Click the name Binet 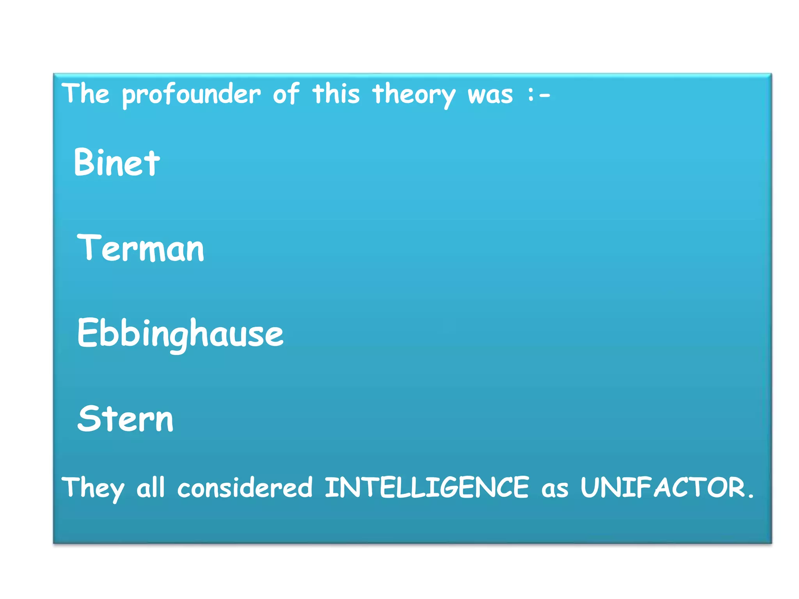[x=117, y=162]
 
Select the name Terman [x=140, y=248]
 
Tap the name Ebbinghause [x=180, y=333]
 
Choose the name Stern [x=125, y=419]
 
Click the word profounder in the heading [x=191, y=95]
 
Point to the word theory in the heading [x=414, y=95]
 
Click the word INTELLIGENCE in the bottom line [x=426, y=487]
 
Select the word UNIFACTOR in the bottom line [x=663, y=487]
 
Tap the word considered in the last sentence [x=245, y=487]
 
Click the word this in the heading [x=336, y=94]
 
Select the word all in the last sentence [x=151, y=487]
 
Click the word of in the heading [x=286, y=94]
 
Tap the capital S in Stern [x=88, y=418]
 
